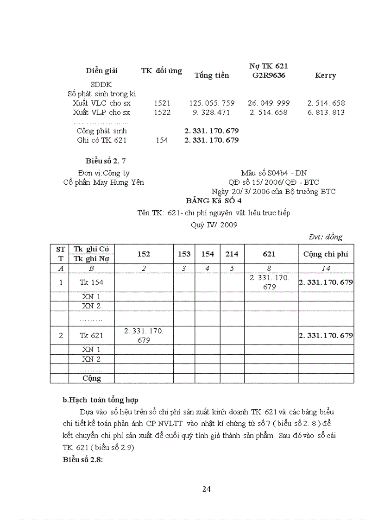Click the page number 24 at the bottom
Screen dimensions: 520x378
(207, 489)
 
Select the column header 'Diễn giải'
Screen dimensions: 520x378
(102, 71)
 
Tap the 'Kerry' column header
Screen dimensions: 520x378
(325, 75)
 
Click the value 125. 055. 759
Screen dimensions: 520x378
(212, 103)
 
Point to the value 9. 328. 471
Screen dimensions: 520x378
(212, 113)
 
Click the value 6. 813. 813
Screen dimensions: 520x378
(326, 113)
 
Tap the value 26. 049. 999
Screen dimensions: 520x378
(269, 103)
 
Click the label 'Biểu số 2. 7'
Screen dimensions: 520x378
(106, 161)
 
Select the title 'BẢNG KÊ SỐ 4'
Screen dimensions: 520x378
(214, 201)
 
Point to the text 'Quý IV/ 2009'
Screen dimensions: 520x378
(214, 225)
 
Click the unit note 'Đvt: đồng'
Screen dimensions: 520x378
(326, 237)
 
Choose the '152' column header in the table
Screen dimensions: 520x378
(144, 254)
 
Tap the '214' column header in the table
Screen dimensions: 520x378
(232, 254)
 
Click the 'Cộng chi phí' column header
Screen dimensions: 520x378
(326, 254)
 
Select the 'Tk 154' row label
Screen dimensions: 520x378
(91, 282)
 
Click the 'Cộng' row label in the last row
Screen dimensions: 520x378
(91, 378)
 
